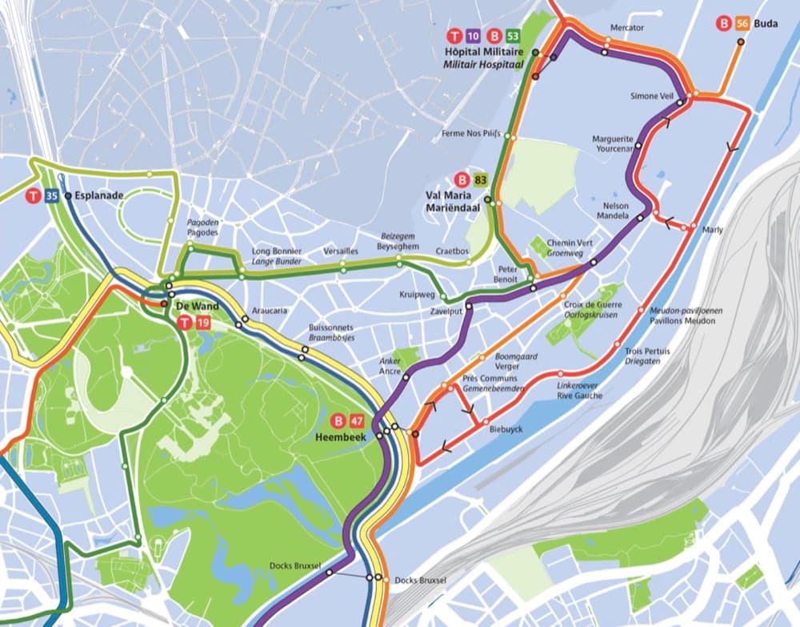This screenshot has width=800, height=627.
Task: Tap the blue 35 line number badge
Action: click(x=51, y=195)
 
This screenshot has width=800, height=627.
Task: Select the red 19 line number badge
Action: click(x=202, y=324)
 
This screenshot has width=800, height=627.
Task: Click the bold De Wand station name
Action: click(x=196, y=307)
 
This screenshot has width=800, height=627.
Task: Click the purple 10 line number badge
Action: click(x=473, y=36)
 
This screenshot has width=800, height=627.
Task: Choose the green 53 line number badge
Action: click(x=513, y=36)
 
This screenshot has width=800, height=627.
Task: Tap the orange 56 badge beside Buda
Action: click(x=742, y=24)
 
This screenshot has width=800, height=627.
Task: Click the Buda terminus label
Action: click(x=766, y=24)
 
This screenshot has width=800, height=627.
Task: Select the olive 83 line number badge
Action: click(x=480, y=179)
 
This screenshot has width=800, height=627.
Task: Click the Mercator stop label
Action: click(x=626, y=27)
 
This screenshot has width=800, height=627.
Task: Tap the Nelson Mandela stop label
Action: click(x=621, y=210)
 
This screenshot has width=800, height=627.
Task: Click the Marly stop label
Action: click(x=712, y=230)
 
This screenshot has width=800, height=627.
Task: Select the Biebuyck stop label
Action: click(x=506, y=429)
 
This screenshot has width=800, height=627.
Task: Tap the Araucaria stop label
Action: click(x=269, y=310)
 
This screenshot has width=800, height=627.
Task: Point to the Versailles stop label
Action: click(x=341, y=251)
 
